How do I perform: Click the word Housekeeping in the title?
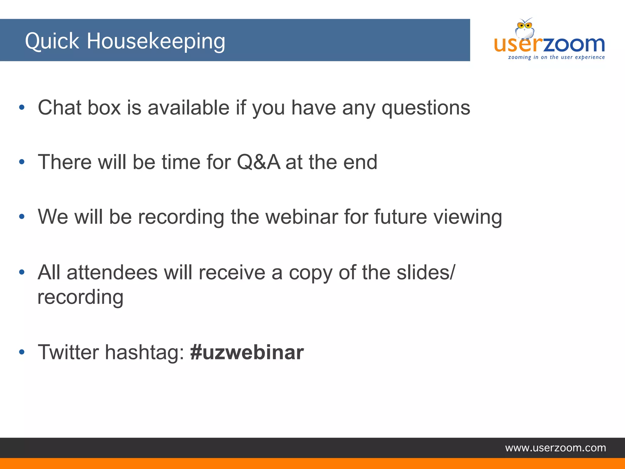point(156,42)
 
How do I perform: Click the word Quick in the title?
point(52,42)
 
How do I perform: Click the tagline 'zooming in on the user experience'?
point(556,57)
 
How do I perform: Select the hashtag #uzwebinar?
point(247,352)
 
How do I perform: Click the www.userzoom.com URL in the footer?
point(555,448)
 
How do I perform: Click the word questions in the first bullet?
point(426,108)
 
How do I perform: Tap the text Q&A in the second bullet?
point(258,162)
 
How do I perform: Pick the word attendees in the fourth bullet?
point(112,272)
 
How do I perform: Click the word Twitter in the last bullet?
point(68,352)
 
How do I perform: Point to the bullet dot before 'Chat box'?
point(22,107)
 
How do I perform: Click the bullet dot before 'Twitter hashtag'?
point(22,352)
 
